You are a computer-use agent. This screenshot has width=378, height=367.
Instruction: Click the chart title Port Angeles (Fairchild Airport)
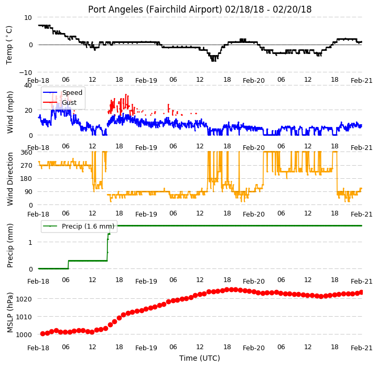tap(155, 9)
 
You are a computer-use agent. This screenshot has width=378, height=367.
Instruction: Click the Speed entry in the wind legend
tap(72, 93)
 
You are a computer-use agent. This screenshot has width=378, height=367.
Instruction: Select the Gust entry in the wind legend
tap(69, 102)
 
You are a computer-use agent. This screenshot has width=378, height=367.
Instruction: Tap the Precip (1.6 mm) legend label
tap(88, 226)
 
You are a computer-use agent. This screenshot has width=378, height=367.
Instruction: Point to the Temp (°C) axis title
tap(9, 45)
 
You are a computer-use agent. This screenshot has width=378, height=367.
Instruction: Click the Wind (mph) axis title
tap(9, 112)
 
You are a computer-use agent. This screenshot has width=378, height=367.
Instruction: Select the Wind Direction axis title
tap(9, 179)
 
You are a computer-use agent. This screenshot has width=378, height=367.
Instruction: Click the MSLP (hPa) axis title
tap(9, 312)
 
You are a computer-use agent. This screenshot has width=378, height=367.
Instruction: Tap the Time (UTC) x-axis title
tap(200, 358)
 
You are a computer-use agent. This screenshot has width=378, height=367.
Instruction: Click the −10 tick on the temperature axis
tap(25, 72)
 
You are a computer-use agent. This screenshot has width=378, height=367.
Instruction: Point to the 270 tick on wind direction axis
tap(27, 166)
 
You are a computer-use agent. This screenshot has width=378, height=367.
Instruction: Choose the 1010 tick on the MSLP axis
tap(24, 317)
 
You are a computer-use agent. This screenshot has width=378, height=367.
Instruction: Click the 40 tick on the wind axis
tap(28, 85)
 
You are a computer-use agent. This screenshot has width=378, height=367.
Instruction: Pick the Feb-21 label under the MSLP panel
tap(362, 348)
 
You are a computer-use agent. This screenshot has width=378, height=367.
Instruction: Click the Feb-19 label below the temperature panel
tap(146, 80)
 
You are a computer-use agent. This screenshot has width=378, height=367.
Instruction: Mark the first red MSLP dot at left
tap(42, 334)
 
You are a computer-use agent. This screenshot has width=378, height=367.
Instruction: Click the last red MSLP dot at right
tap(361, 292)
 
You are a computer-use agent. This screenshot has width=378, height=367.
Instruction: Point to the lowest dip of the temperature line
tap(213, 60)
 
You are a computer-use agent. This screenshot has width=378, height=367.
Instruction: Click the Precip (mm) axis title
tap(9, 245)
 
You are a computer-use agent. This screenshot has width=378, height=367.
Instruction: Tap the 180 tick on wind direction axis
tap(27, 179)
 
